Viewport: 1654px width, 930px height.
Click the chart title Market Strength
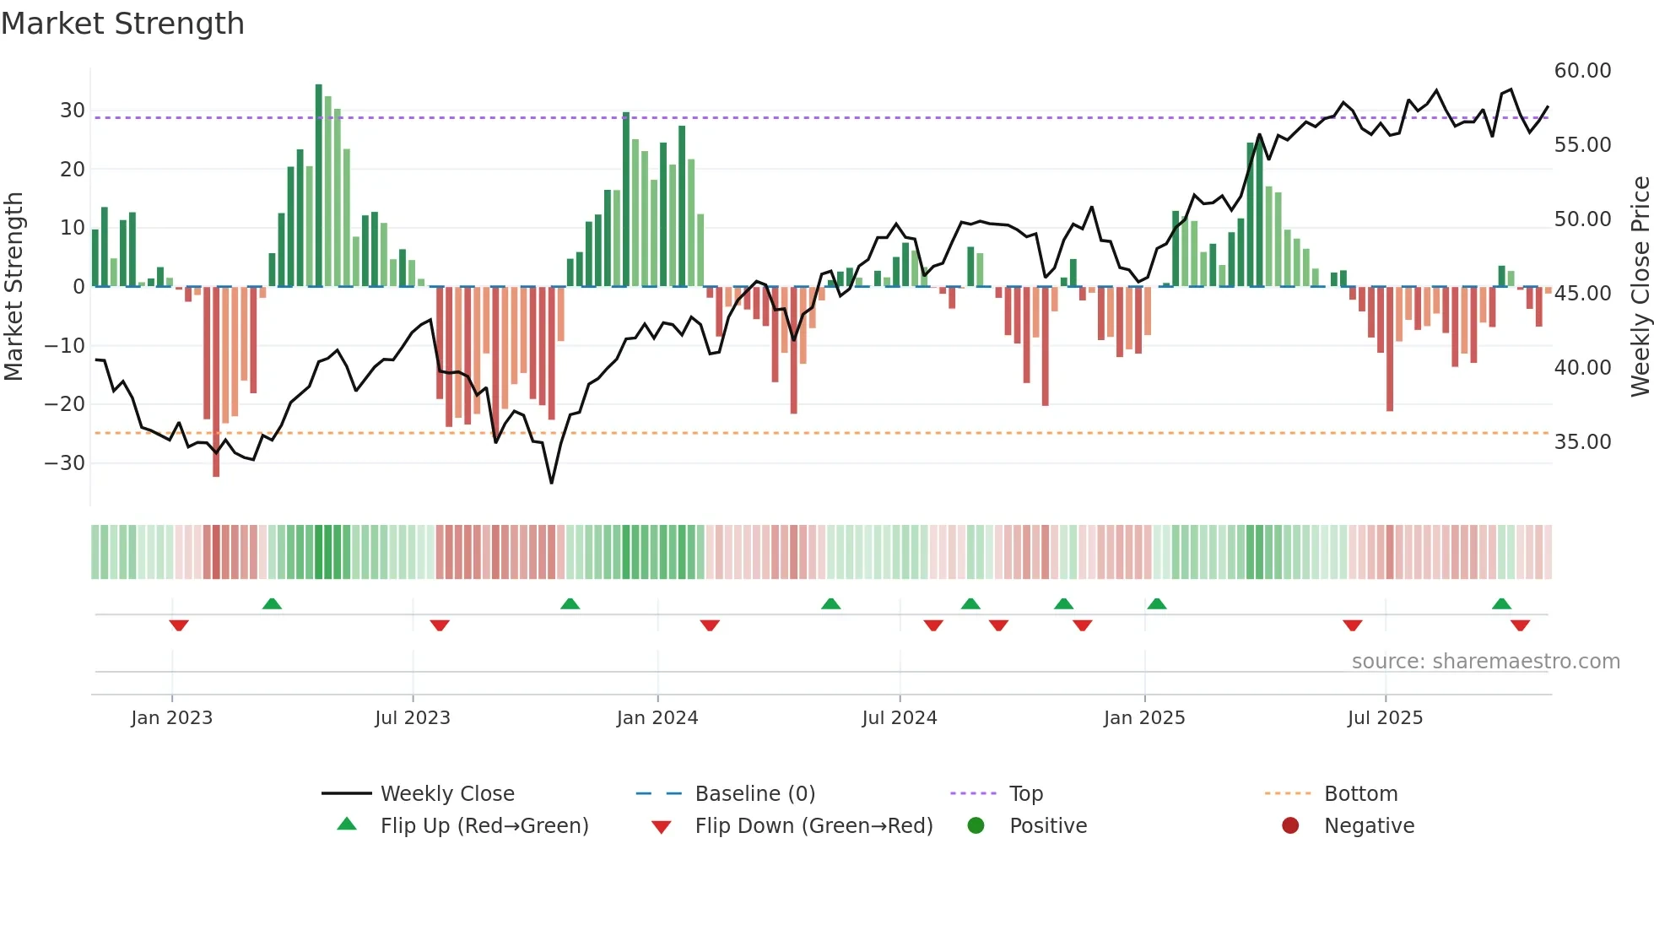click(x=122, y=24)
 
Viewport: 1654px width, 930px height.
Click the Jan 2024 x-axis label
click(x=657, y=718)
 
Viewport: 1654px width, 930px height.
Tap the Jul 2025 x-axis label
click(x=1385, y=718)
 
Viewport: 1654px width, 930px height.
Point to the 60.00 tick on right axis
click(x=1582, y=71)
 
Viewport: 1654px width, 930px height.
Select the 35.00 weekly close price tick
click(x=1582, y=442)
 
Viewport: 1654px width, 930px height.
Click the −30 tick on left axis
click(x=65, y=463)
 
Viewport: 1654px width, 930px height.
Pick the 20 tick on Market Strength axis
click(x=72, y=170)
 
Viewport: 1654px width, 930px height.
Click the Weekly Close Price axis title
click(x=1640, y=286)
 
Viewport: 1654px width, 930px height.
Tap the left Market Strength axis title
click(x=14, y=286)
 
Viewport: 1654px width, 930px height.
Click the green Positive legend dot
click(x=976, y=826)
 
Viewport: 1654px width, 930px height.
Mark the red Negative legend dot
click(x=1290, y=826)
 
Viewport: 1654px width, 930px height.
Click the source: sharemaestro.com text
click(x=1485, y=662)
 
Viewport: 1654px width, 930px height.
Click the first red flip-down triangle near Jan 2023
click(x=179, y=625)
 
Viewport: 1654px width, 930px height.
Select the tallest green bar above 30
click(x=319, y=185)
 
